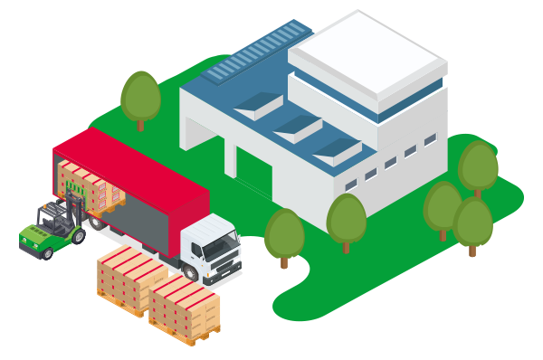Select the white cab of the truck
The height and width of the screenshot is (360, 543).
click(x=211, y=241)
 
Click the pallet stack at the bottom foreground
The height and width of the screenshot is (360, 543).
click(x=185, y=308)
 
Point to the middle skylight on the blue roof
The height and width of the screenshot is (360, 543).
click(x=299, y=127)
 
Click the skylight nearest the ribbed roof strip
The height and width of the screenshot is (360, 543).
click(x=259, y=105)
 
